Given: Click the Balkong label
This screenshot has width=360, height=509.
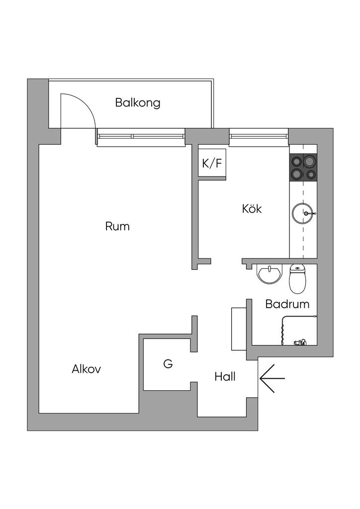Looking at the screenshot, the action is click(x=138, y=103).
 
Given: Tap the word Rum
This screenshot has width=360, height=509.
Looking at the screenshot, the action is click(x=117, y=227).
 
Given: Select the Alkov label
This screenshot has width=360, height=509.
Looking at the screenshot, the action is click(x=87, y=369).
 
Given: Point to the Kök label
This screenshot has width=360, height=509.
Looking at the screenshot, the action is click(x=252, y=209).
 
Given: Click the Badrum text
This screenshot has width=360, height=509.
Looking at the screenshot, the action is click(x=287, y=304).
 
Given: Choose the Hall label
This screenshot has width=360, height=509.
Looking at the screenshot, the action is click(x=225, y=377).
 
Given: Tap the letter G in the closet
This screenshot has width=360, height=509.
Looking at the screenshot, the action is click(x=168, y=364).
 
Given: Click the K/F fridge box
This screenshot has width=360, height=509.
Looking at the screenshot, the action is click(x=212, y=163).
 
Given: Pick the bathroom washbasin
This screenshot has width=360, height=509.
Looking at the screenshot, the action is click(x=269, y=274).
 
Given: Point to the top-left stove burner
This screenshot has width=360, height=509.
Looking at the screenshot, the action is click(x=296, y=161).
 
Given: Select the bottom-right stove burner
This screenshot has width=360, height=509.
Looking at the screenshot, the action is click(x=311, y=174).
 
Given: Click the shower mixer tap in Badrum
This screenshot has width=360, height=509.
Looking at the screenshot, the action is click(x=300, y=342).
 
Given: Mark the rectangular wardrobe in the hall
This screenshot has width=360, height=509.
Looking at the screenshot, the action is click(x=239, y=329).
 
